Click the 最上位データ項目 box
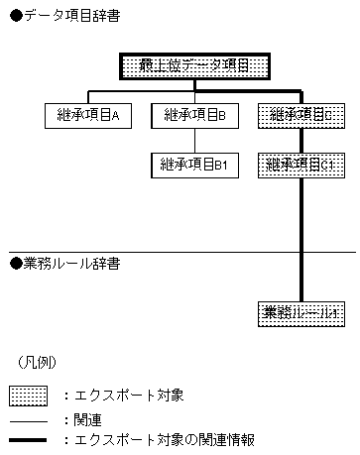(x=194, y=67)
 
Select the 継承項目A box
(x=88, y=115)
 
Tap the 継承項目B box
(x=194, y=115)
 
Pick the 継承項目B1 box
(x=194, y=165)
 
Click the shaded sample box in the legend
(x=29, y=395)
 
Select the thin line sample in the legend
(x=29, y=418)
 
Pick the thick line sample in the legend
(x=29, y=438)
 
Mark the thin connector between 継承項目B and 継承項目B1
(x=194, y=140)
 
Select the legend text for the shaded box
(x=129, y=395)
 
